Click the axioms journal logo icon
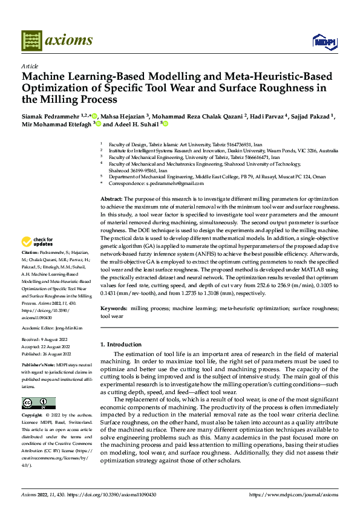pos(32,40)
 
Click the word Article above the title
pos(30,66)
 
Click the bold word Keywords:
pos(114,308)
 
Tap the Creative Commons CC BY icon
pos(38,403)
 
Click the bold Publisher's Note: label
pos(37,366)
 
